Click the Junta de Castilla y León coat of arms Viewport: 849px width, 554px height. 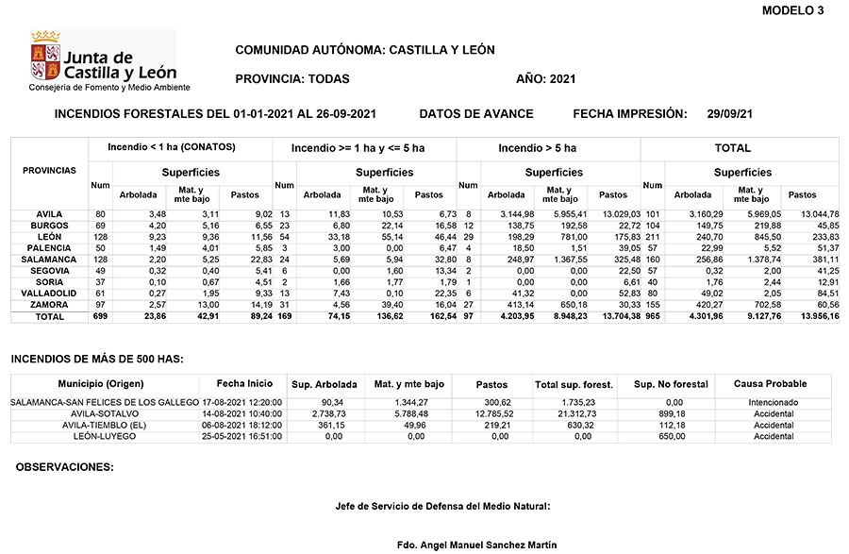pyautogui.click(x=45, y=56)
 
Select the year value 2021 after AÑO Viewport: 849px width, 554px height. pyautogui.click(x=561, y=79)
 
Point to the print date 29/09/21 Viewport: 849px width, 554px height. pyautogui.click(x=729, y=114)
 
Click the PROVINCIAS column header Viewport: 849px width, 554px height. pyautogui.click(x=49, y=171)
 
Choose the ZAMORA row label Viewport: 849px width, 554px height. pyautogui.click(x=49, y=305)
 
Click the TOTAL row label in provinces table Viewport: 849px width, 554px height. pyautogui.click(x=49, y=317)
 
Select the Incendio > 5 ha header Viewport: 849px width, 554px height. pyautogui.click(x=537, y=148)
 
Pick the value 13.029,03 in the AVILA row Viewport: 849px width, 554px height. pyautogui.click(x=614, y=215)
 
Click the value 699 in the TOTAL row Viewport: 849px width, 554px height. pyautogui.click(x=99, y=317)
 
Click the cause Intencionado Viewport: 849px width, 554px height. pyautogui.click(x=774, y=403)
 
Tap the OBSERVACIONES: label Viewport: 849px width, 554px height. pyautogui.click(x=65, y=467)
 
